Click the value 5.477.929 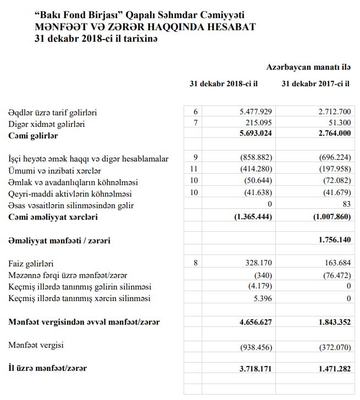click(254, 112)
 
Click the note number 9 click(195, 158)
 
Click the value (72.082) click(335, 182)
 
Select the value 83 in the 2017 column click(345, 205)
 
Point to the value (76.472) click(335, 275)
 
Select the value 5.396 click(261, 298)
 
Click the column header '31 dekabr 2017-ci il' click(316, 85)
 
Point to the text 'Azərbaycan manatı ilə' click(308, 67)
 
